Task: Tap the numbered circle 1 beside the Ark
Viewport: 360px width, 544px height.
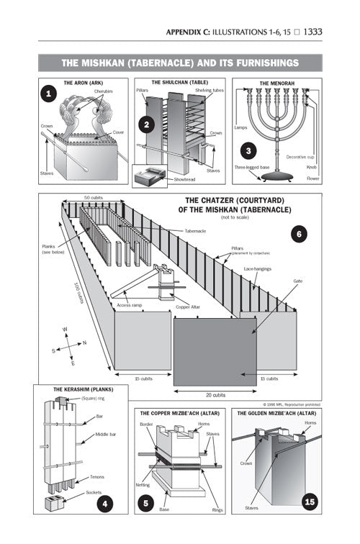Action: [x=49, y=94]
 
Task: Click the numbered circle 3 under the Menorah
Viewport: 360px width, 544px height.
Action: [x=248, y=150]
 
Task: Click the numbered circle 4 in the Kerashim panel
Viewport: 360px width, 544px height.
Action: [x=104, y=503]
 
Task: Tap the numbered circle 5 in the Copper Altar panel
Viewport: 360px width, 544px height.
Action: [x=146, y=504]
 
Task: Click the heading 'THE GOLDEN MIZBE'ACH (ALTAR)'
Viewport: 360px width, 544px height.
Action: [x=277, y=414]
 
